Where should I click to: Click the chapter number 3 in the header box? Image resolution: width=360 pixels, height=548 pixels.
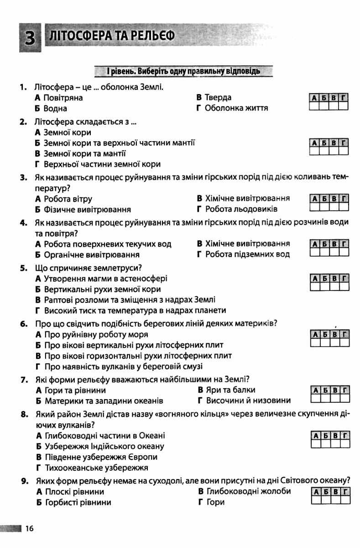pyautogui.click(x=30, y=37)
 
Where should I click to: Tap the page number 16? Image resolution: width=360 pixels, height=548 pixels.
pyautogui.click(x=30, y=529)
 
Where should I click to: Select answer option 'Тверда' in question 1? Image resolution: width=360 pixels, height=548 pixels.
pyautogui.click(x=218, y=97)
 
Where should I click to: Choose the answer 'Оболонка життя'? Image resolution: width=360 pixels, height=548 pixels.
pyautogui.click(x=236, y=108)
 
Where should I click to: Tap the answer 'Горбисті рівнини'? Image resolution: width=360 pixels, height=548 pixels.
pyautogui.click(x=78, y=502)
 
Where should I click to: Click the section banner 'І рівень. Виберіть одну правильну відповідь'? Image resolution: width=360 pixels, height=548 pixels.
pyautogui.click(x=180, y=71)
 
